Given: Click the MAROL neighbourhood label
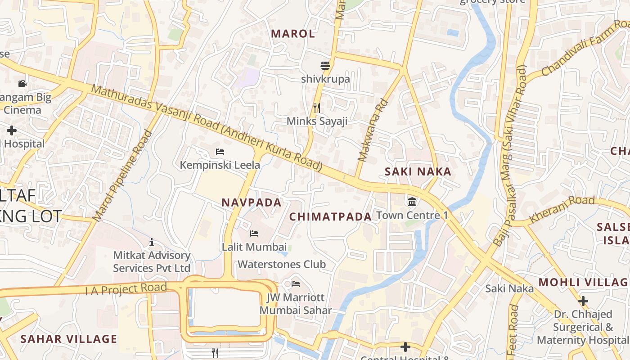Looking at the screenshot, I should point(293,34).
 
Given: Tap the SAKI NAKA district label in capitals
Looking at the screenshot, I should point(418,171).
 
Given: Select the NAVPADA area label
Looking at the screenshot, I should point(252,202).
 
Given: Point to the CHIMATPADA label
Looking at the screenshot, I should point(330,217).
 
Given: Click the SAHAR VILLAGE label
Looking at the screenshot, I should point(69,339).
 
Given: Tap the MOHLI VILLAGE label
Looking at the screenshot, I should point(584,283).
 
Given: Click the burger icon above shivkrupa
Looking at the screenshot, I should point(325,66).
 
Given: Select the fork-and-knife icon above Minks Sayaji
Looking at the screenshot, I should point(317,108).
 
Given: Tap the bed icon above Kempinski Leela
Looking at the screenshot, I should point(220,152).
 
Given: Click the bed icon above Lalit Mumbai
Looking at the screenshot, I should point(254,233).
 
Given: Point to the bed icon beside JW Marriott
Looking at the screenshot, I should point(296,284).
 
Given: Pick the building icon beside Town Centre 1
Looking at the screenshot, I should point(412,202).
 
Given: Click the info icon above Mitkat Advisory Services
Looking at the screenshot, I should point(152,242).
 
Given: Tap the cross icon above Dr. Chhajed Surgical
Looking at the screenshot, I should point(583,301).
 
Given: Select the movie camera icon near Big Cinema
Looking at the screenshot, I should point(22,83).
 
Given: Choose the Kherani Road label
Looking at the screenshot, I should point(562,209).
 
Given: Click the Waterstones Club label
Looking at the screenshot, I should point(282,264).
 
